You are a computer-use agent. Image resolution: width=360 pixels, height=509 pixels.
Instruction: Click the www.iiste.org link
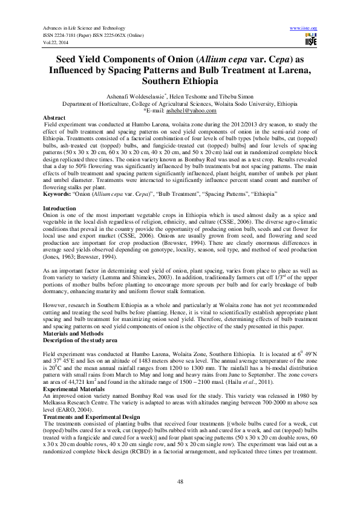(304, 28)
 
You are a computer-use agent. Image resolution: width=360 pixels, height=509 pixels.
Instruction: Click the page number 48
(180, 481)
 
